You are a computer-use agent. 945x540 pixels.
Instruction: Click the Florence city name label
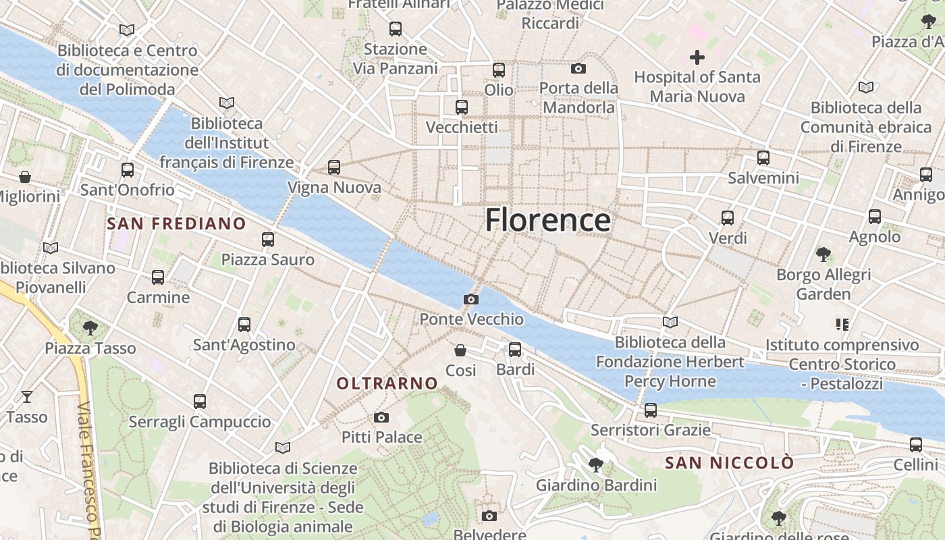547,220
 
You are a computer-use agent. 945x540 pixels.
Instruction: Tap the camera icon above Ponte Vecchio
471,299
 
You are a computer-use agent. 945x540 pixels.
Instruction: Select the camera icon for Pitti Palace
381,417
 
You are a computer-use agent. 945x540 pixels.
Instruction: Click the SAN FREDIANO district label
177,223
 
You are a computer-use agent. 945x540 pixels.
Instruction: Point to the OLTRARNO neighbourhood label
387,383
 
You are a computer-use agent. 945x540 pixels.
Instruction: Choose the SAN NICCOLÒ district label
730,463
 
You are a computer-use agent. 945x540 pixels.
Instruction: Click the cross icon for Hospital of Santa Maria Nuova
697,57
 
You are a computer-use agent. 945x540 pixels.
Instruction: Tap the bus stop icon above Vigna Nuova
333,167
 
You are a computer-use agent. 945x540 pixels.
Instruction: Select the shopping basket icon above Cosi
460,350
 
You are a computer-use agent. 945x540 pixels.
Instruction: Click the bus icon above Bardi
515,349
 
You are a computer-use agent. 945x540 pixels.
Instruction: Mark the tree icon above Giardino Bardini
595,464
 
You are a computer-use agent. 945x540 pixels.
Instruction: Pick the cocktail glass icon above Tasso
27,396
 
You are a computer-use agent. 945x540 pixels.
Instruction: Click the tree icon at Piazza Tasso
90,328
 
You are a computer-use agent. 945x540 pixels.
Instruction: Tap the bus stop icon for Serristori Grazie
651,410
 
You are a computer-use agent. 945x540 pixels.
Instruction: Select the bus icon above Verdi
728,217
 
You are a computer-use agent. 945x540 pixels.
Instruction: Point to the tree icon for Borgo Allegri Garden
823,254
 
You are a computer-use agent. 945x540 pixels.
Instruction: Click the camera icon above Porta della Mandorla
578,68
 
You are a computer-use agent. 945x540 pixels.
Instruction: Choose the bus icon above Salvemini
763,158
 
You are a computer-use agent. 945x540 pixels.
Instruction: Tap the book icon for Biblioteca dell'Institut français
227,103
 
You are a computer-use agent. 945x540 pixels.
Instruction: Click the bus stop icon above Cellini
916,445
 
